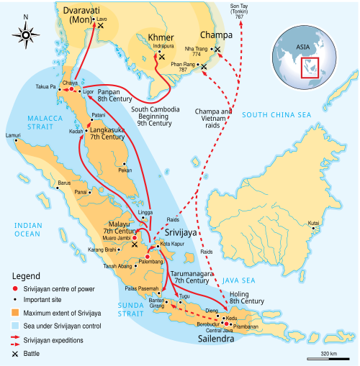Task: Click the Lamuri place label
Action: coord(13,135)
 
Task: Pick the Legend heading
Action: coord(27,276)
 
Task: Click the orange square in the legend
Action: coord(14,313)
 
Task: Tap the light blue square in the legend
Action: coord(14,325)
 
